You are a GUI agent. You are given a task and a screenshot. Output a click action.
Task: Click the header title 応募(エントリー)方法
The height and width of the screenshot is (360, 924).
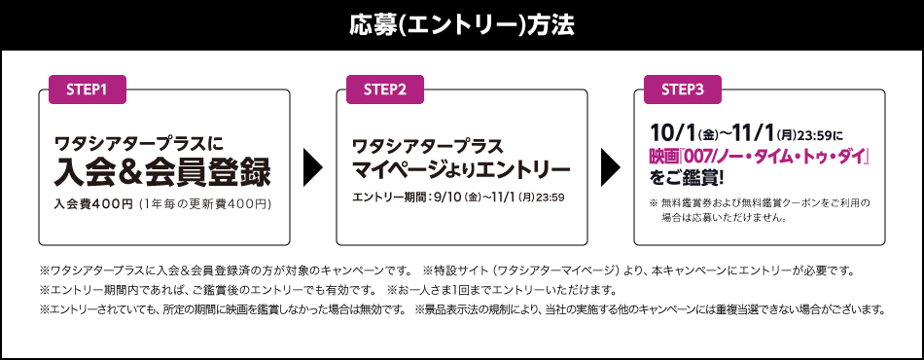(x=462, y=24)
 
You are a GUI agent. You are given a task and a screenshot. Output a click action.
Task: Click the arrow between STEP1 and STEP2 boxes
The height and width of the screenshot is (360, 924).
(x=313, y=167)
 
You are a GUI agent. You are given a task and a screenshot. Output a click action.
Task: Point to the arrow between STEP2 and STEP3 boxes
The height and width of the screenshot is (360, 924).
(x=611, y=167)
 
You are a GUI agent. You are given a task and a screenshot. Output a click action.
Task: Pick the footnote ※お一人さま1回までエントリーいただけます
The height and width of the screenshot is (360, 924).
(x=501, y=290)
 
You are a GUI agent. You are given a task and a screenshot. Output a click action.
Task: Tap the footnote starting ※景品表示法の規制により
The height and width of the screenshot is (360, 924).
(x=650, y=310)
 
